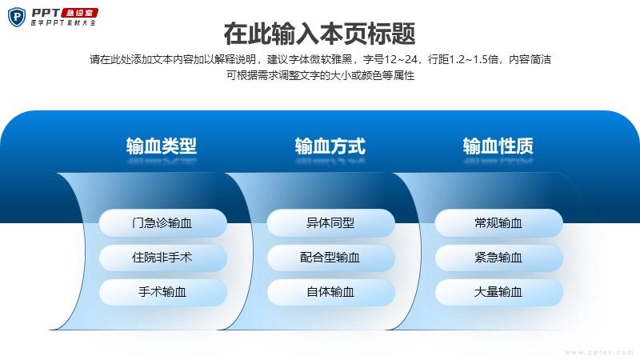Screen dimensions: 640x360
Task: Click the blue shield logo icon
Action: [x=17, y=17]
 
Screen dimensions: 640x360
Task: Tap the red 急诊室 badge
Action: [x=79, y=13]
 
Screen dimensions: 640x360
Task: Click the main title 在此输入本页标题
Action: [x=319, y=34]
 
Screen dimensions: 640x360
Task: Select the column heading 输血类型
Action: [x=162, y=146]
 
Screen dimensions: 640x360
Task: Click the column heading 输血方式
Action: [x=330, y=146]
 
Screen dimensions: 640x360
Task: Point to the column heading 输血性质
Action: [x=498, y=146]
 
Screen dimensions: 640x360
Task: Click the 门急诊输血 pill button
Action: [x=163, y=223]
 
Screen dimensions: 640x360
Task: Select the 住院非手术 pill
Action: [x=163, y=258]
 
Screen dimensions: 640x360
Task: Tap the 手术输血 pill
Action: [x=163, y=292]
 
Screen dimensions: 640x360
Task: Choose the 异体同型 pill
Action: [x=331, y=223]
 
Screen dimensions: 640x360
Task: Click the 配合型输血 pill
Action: [x=331, y=258]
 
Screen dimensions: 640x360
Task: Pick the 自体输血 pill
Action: [x=331, y=292]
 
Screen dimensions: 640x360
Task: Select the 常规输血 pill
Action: [x=499, y=223]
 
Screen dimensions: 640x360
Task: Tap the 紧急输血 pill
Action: [x=499, y=258]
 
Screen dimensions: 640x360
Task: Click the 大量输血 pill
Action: [x=499, y=292]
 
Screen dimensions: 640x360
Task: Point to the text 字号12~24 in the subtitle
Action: [x=390, y=59]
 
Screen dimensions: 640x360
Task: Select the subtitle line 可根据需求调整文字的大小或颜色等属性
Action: [x=321, y=75]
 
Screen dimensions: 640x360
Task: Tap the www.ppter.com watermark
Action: [x=599, y=352]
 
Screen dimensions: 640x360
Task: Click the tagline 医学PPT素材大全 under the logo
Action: [x=63, y=23]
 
